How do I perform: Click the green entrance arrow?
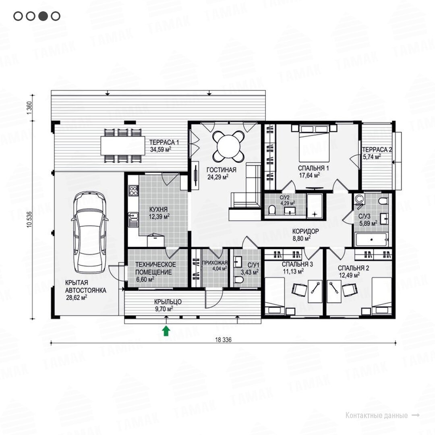click(x=166, y=331)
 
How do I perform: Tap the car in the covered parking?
click(x=89, y=232)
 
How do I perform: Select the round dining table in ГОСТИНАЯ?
click(x=229, y=146)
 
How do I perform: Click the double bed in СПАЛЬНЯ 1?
click(x=314, y=143)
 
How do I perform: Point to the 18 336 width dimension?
click(x=223, y=340)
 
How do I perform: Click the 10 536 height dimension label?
click(x=30, y=220)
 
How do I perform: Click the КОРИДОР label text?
click(x=305, y=231)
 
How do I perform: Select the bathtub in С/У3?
click(x=371, y=239)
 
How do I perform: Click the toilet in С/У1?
click(x=238, y=280)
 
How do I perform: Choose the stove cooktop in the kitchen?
click(x=133, y=191)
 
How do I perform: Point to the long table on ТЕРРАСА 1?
click(x=123, y=146)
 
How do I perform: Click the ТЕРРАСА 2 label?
click(x=377, y=149)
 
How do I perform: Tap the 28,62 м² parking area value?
click(x=77, y=298)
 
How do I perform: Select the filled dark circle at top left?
click(x=43, y=16)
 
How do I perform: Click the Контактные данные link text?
click(x=377, y=415)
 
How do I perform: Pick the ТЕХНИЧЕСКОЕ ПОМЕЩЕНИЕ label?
click(x=155, y=268)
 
